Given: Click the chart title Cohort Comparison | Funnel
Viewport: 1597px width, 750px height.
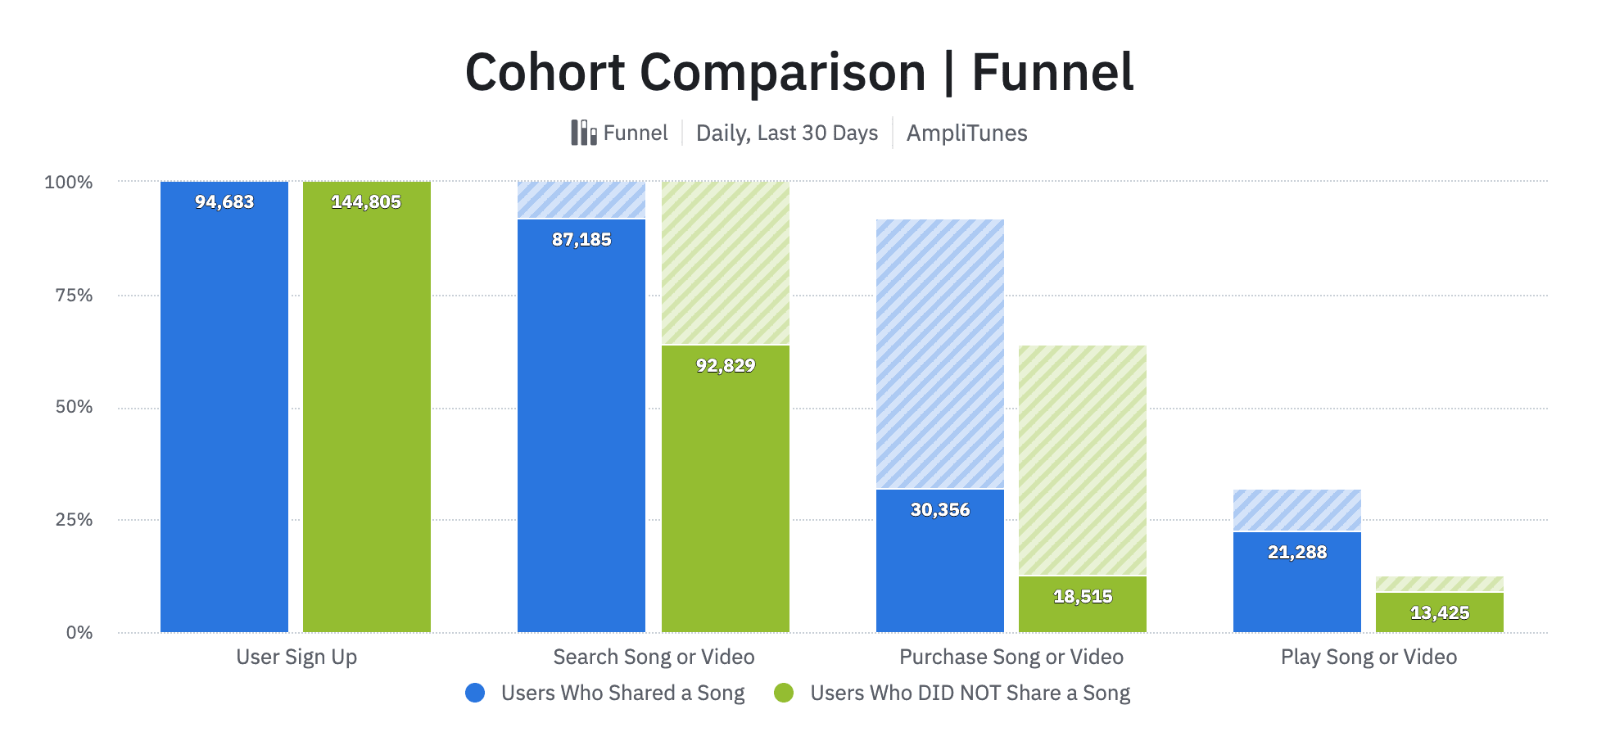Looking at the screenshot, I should [798, 72].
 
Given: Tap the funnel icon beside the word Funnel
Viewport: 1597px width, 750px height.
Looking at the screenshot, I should [583, 133].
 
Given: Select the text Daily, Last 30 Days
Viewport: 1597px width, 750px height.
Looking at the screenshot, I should [786, 133].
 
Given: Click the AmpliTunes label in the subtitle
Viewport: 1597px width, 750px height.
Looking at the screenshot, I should [966, 133].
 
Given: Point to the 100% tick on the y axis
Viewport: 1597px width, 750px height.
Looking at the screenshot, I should [68, 182].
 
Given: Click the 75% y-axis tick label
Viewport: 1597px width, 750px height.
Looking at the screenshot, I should [74, 295].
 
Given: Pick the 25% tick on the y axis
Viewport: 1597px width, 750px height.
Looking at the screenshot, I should [74, 520].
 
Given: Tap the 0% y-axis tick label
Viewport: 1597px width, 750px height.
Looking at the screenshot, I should [79, 632].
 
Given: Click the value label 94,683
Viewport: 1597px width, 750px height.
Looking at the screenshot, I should [224, 201].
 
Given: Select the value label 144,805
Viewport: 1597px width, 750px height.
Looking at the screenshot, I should [366, 201].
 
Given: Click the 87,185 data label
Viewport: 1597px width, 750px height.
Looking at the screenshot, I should [581, 239].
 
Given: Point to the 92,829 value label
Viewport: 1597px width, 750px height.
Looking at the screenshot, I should [726, 365].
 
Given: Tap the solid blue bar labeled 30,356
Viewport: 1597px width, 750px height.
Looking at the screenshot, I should [940, 565].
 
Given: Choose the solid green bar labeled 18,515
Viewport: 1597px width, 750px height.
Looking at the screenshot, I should [1083, 610].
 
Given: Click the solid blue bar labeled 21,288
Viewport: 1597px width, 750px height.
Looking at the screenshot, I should [1297, 585].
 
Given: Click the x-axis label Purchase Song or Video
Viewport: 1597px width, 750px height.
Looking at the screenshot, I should [1011, 657].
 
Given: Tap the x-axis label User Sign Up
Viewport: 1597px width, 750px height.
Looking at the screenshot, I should [296, 657].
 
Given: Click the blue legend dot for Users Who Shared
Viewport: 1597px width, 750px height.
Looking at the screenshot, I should [475, 693].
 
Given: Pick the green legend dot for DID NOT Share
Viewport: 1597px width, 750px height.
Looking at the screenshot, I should [784, 693].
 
